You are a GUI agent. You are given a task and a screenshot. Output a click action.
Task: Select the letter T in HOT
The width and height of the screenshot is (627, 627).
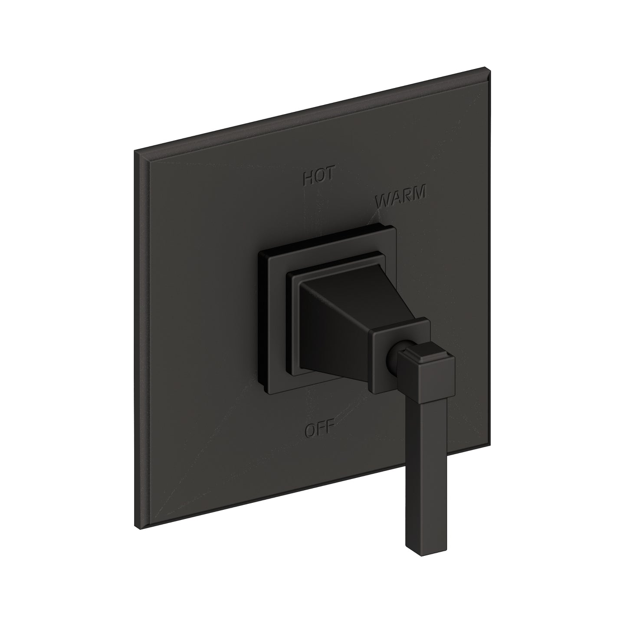pos(329,175)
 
